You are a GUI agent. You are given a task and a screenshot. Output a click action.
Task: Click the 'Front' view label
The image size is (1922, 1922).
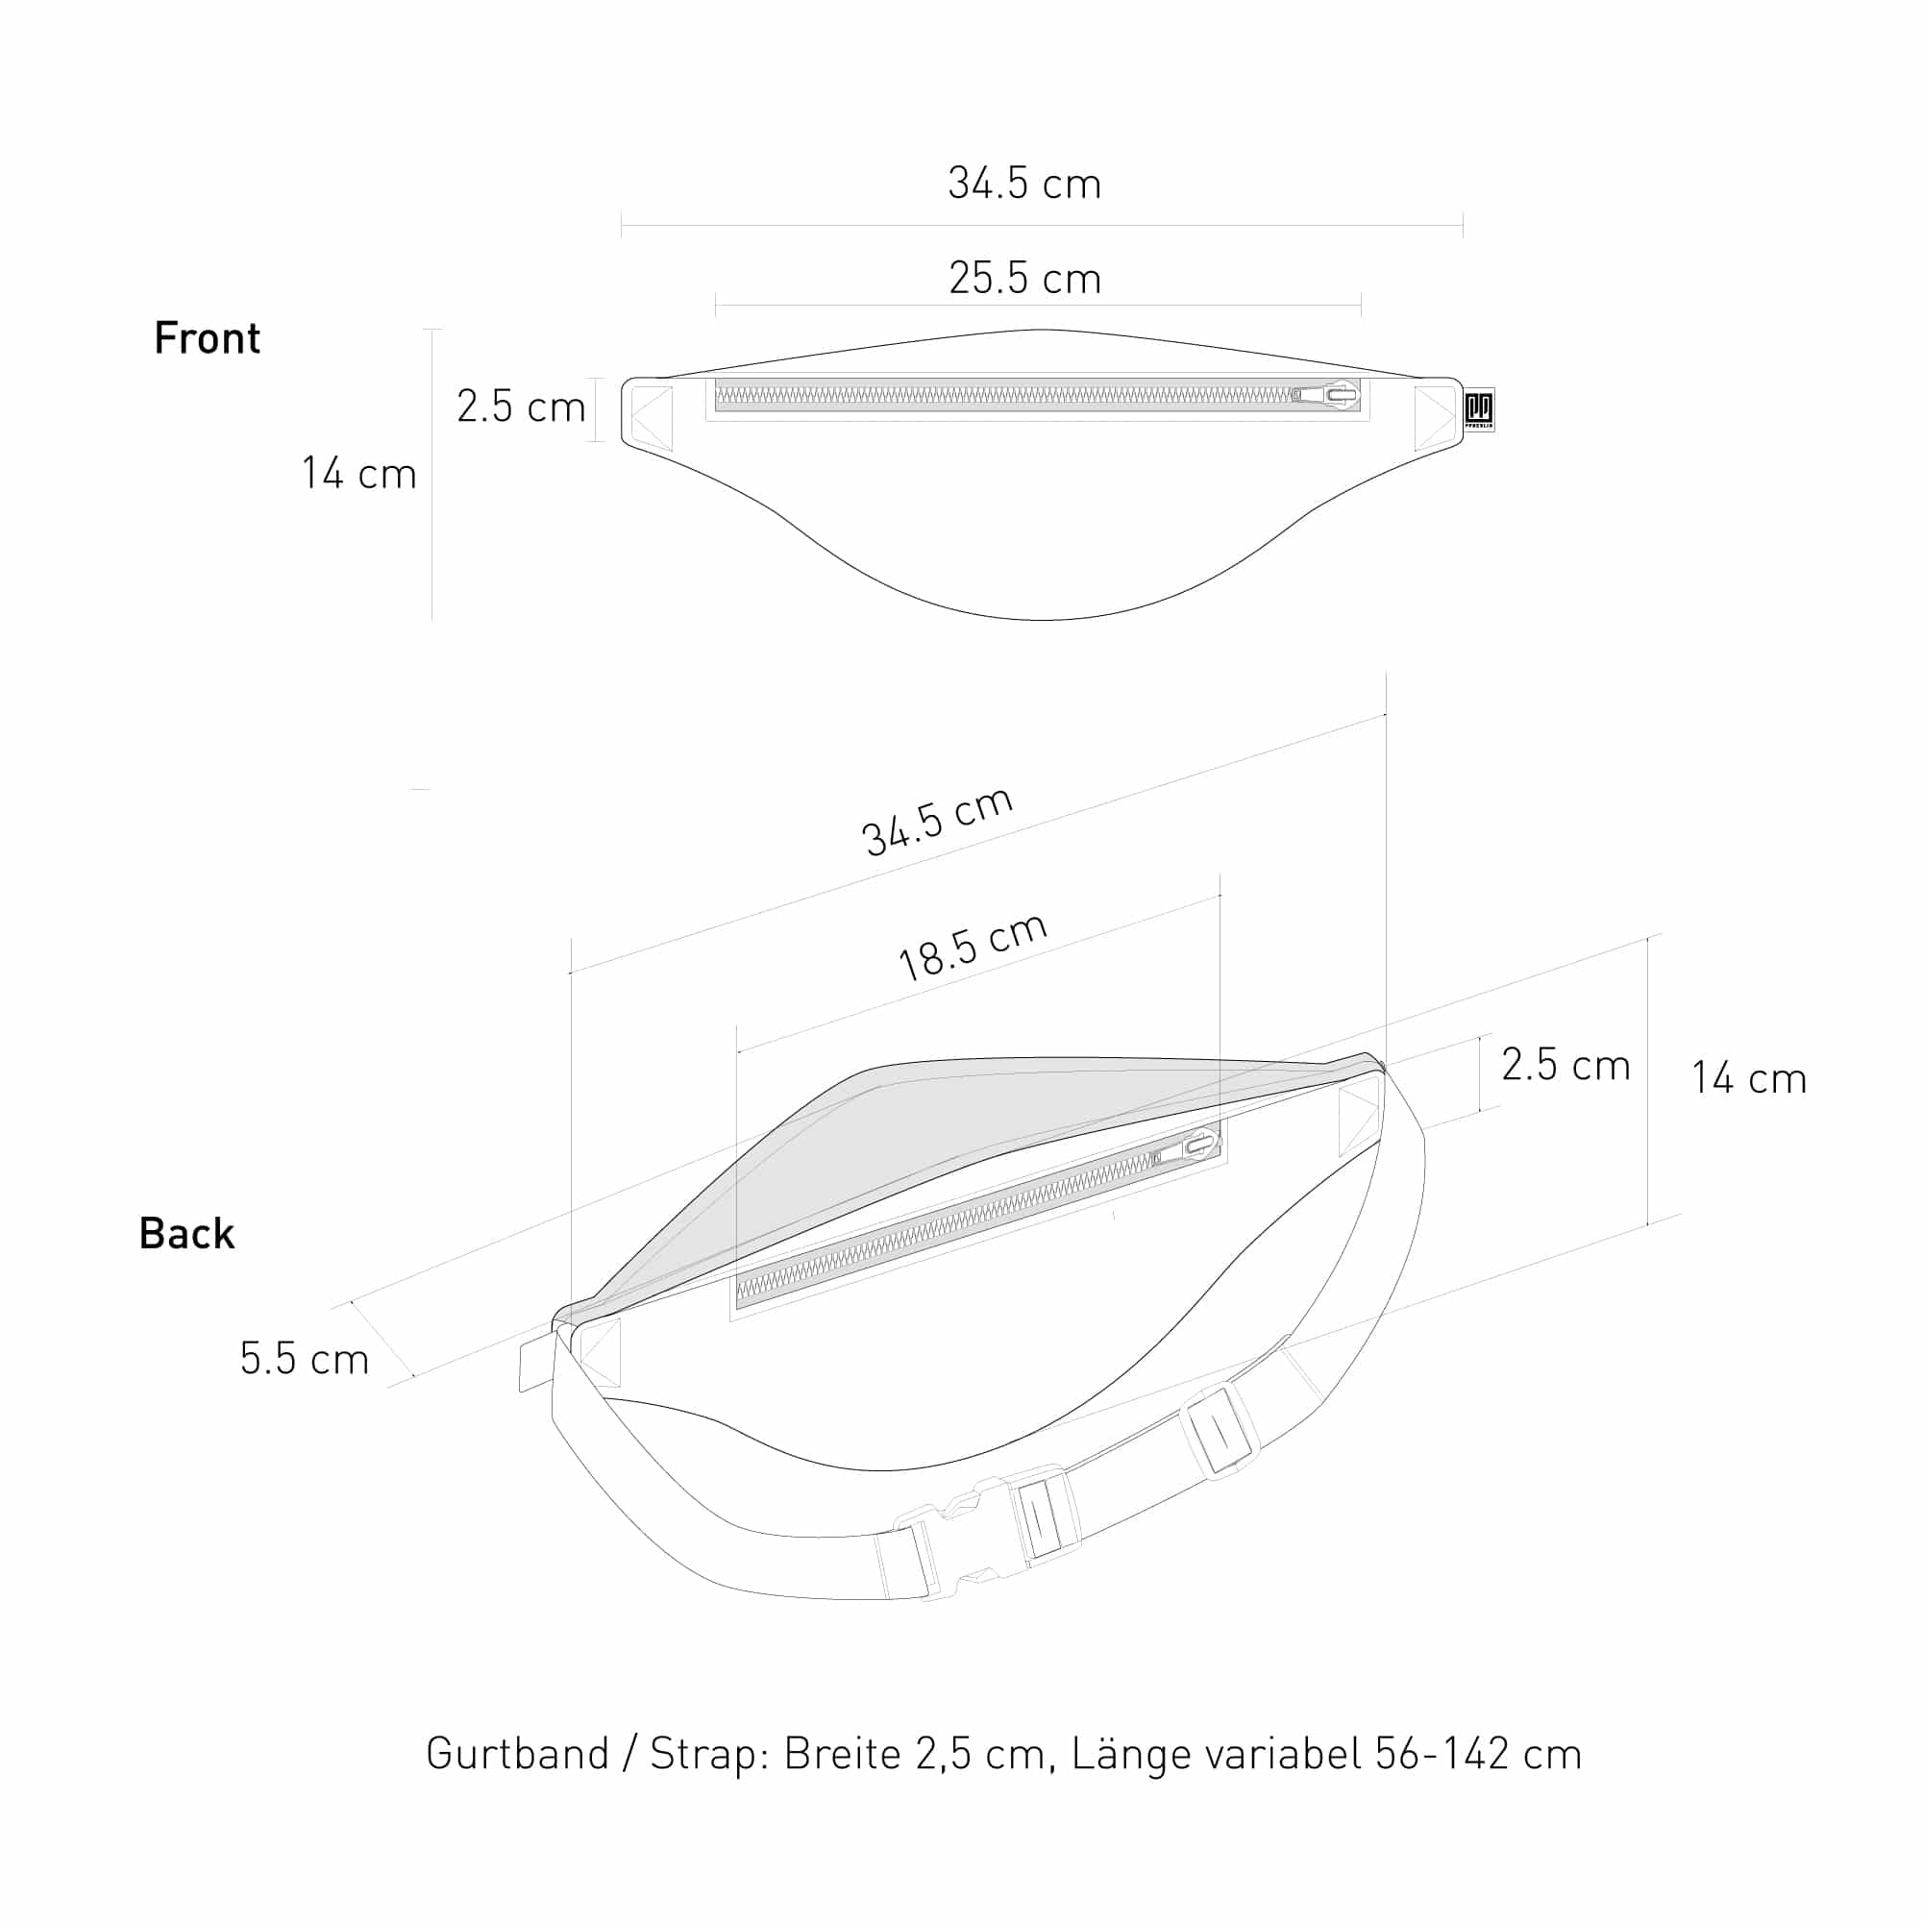pos(207,338)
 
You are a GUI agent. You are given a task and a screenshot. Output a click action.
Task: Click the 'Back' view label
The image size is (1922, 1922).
pos(187,1234)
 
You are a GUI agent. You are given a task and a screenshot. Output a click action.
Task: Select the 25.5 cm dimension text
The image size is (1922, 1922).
pos(1024,279)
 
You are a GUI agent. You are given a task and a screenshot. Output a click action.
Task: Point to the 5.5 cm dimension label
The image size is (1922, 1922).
pos(305,1359)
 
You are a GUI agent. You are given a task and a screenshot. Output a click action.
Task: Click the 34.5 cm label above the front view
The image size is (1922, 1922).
pos(1024,185)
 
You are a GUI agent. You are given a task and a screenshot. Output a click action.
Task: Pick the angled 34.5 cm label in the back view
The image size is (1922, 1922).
pos(937,822)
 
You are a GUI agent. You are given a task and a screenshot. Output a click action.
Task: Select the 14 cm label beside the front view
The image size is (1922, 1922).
pos(359,474)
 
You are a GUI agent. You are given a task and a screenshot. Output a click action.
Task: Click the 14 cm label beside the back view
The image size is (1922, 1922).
pos(1749,1078)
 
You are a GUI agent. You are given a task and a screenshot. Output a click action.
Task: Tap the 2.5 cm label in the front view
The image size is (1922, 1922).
pos(520,407)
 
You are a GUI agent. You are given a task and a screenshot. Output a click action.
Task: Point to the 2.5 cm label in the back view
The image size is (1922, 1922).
pos(1565,1065)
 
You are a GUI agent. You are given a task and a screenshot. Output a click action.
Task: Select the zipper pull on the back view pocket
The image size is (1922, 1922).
pos(1194,1148)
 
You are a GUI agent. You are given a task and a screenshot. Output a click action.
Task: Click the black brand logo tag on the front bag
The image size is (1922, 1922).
pos(1478,408)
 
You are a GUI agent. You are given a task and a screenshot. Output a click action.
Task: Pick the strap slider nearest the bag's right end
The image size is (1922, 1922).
pos(1220,1432)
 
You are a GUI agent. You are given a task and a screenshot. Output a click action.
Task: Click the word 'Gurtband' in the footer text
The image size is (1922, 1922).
pos(517,1753)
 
